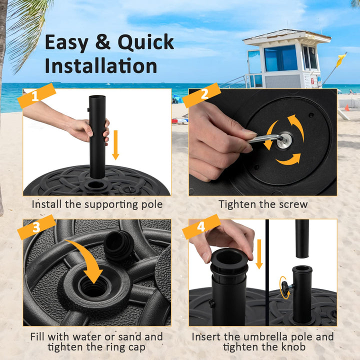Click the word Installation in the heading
click(x=100, y=66)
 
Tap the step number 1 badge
click(x=36, y=96)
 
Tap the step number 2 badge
click(x=202, y=95)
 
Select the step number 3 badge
click(x=36, y=228)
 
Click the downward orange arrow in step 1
click(x=115, y=145)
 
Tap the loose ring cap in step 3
click(x=119, y=245)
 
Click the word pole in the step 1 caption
click(x=150, y=204)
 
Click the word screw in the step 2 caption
click(x=291, y=204)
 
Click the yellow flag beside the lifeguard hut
click(x=341, y=60)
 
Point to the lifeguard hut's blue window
click(x=280, y=58)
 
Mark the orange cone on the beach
click(x=346, y=107)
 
